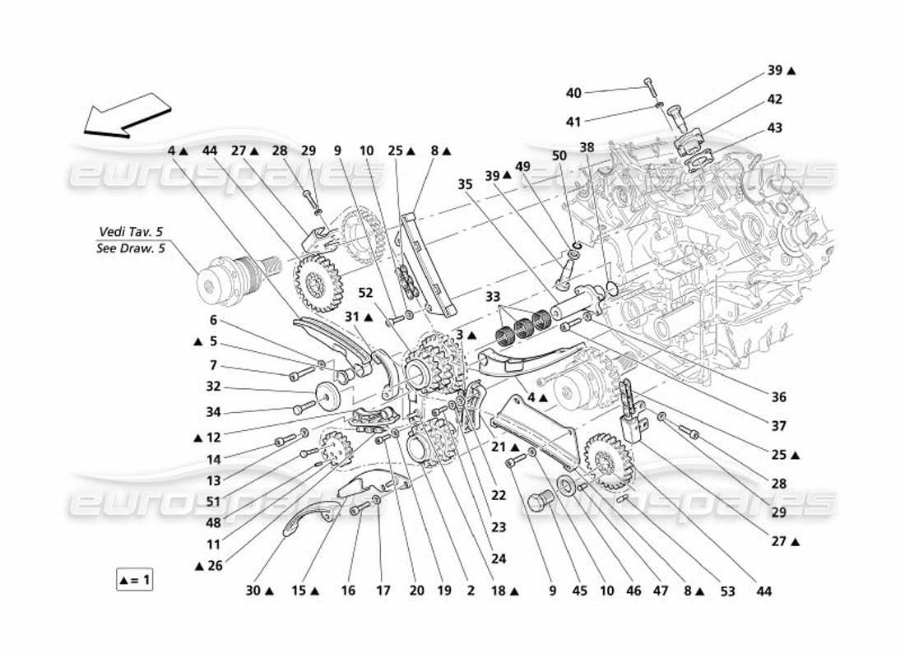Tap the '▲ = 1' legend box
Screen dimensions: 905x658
pyautogui.click(x=135, y=580)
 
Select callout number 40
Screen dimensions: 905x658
pyautogui.click(x=573, y=92)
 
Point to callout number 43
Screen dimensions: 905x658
pyautogui.click(x=775, y=128)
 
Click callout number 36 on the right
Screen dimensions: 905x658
pyautogui.click(x=779, y=397)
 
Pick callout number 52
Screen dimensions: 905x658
pyautogui.click(x=366, y=291)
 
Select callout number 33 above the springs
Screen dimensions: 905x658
pyautogui.click(x=492, y=295)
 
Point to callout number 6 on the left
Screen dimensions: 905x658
pyautogui.click(x=212, y=322)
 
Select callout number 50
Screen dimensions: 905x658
pyautogui.click(x=560, y=155)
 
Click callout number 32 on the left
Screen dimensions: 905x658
pyautogui.click(x=212, y=385)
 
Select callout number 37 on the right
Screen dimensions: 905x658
pyautogui.click(x=779, y=426)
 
